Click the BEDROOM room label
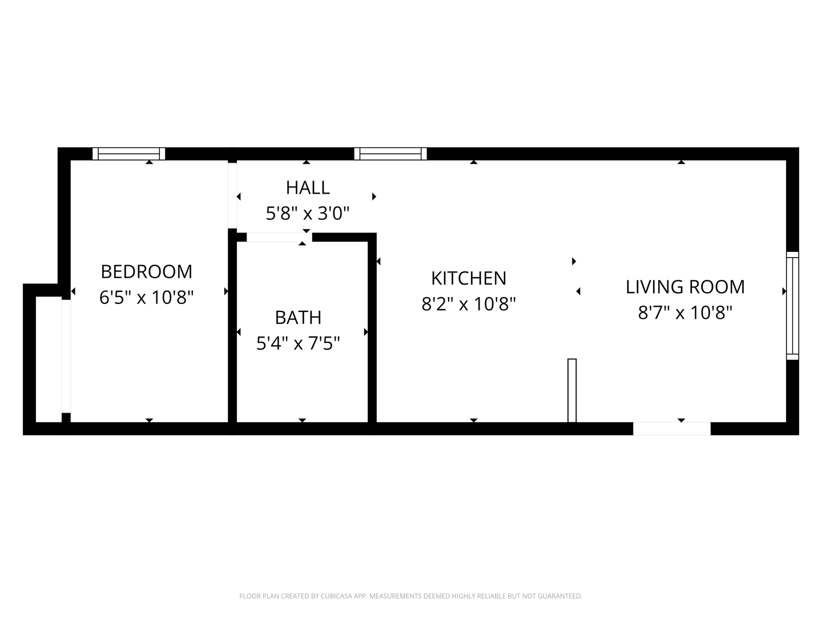[146, 271]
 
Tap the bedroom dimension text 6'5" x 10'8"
[146, 298]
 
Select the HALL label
[308, 188]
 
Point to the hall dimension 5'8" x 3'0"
[308, 214]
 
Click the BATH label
[298, 318]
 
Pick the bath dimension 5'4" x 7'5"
[298, 343]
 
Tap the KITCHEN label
[469, 278]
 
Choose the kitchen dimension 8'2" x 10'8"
[469, 304]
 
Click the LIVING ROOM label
[685, 287]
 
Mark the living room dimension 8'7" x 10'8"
[685, 312]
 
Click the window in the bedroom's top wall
[129, 154]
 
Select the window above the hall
[390, 154]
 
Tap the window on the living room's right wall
[792, 306]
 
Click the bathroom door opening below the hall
[279, 237]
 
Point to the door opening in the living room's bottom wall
[672, 428]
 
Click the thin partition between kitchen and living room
[572, 391]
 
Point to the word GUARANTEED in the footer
[561, 596]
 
